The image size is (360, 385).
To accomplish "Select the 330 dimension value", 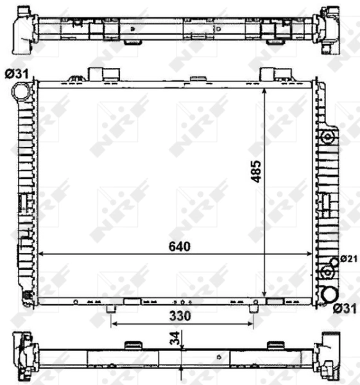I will pos(182,316).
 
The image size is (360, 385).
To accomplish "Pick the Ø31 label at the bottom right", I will pos(345,310).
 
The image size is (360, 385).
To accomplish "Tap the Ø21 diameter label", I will pos(347,259).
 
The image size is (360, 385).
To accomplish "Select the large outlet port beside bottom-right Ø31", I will pos(329,295).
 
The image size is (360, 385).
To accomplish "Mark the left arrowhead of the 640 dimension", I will pos(42,255).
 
